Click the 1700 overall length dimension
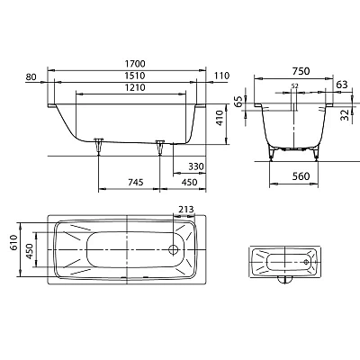click(x=136, y=64)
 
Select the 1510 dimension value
click(x=136, y=76)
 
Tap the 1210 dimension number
click(x=136, y=87)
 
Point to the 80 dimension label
click(x=31, y=77)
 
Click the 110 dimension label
click(x=221, y=76)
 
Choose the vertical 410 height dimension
click(x=220, y=118)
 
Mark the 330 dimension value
click(x=196, y=166)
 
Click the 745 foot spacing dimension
click(x=136, y=182)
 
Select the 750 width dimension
click(x=301, y=71)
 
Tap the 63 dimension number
click(x=342, y=85)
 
